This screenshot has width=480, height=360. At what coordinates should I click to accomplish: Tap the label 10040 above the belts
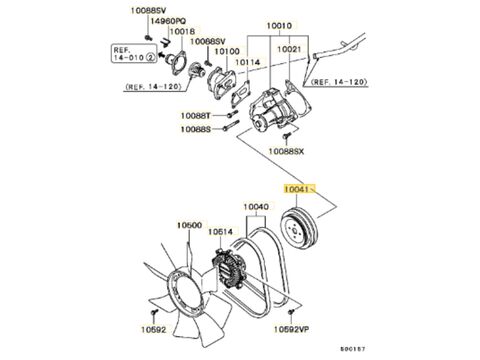tap(256, 207)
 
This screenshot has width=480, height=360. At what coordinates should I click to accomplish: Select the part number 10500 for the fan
tap(189, 225)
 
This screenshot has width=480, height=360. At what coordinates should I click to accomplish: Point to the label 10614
tap(220, 231)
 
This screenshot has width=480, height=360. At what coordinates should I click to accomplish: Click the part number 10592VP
tap(291, 329)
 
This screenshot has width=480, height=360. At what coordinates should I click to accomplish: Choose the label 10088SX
tap(286, 151)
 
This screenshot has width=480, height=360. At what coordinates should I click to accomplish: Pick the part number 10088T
tap(196, 116)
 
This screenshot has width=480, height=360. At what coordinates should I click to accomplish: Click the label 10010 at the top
tap(279, 25)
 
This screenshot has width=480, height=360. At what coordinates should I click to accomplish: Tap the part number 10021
tap(289, 49)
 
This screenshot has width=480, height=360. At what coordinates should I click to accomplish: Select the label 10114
tap(248, 62)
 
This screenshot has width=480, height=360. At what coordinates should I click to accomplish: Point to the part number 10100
tap(227, 51)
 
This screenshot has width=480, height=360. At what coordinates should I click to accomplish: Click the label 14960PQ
tap(168, 21)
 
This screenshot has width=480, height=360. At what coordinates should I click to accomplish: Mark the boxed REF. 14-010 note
tap(133, 54)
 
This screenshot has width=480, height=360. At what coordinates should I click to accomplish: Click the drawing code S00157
tap(353, 349)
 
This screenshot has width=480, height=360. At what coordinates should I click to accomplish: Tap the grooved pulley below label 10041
tap(299, 227)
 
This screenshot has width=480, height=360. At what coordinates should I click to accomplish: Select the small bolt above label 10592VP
tap(291, 312)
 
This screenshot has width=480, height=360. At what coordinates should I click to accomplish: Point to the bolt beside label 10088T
tap(232, 115)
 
